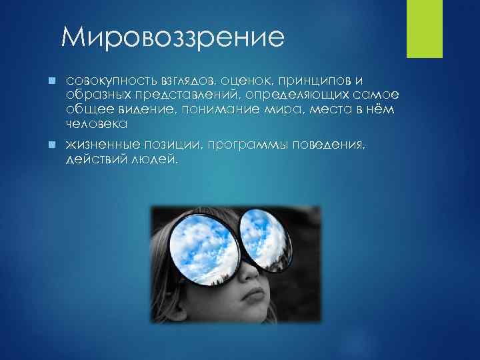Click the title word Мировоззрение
[172, 37]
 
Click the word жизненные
[102, 145]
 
